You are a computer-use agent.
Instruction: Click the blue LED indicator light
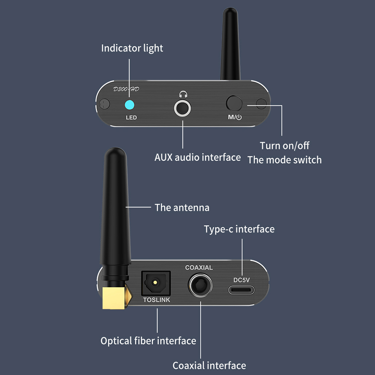[x=130, y=105]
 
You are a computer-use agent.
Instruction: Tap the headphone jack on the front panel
[x=183, y=108]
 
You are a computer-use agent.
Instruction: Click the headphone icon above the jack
[x=183, y=95]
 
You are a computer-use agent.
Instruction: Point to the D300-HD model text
[x=126, y=89]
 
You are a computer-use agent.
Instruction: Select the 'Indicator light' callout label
[x=132, y=48]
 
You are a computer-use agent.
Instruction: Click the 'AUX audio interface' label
[x=197, y=157]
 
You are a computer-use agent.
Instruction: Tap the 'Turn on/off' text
[x=285, y=145]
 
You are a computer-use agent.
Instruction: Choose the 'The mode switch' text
[x=284, y=160]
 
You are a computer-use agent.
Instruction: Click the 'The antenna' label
[x=182, y=208]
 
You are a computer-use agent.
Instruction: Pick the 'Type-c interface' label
[x=239, y=229]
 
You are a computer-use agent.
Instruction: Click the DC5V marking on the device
[x=242, y=280]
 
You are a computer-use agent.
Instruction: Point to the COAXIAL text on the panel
[x=199, y=267]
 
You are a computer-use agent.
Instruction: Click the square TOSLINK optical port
[x=155, y=283]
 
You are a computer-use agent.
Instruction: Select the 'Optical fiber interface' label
[x=148, y=341]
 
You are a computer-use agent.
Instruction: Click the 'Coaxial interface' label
[x=209, y=365]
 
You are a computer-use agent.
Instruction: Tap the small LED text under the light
[x=131, y=118]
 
